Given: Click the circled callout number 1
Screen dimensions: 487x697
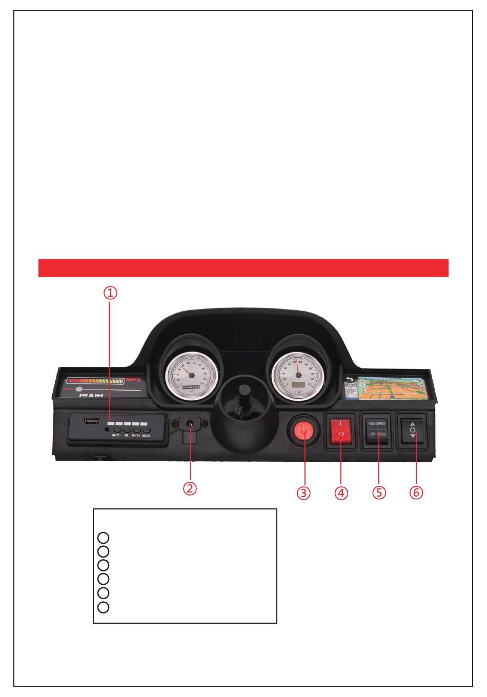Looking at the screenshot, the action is (x=111, y=293).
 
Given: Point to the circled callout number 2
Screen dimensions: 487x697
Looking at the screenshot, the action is (x=190, y=488).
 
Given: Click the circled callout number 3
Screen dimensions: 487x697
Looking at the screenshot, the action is (x=303, y=493).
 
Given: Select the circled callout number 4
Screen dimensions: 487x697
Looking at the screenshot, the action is (x=341, y=493).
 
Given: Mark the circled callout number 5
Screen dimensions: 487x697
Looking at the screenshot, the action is (x=379, y=493).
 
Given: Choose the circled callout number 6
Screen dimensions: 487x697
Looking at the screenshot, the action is (x=416, y=493).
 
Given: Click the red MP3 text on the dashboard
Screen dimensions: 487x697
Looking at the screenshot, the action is (x=133, y=380).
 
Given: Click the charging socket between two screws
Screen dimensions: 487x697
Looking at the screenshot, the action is (x=191, y=424).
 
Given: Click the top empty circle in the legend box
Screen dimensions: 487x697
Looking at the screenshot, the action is (x=103, y=538).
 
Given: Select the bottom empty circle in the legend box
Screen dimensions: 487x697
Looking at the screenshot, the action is (x=103, y=607).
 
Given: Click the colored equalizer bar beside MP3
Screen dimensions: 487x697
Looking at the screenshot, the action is (x=95, y=381).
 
